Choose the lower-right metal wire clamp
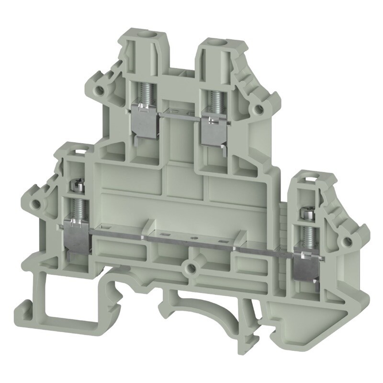(304, 263)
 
